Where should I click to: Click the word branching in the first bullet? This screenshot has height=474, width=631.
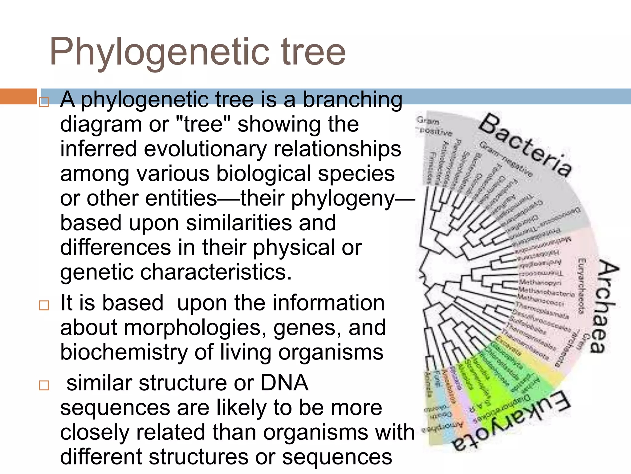coord(352,100)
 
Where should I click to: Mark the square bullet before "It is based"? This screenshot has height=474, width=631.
coord(44,305)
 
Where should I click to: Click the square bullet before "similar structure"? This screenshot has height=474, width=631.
coord(44,385)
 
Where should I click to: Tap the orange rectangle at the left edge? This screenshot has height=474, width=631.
coord(18,96)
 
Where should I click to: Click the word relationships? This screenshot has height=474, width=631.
coord(337,149)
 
